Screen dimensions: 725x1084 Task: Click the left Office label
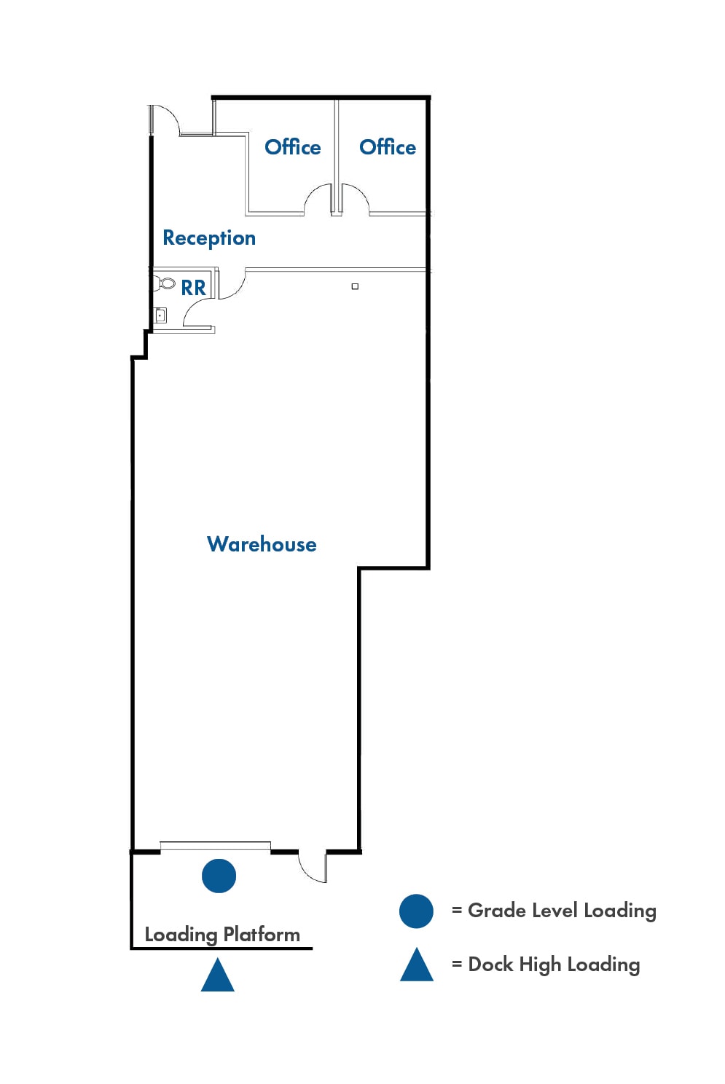pos(292,147)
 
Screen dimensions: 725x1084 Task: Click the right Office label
pos(387,147)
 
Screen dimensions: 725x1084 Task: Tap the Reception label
pos(209,238)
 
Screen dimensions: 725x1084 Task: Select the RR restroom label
pos(193,288)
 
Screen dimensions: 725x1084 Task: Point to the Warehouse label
pos(262,544)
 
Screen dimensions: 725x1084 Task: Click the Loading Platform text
pos(222,935)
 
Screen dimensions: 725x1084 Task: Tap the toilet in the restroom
pos(165,283)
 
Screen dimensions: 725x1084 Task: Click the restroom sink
pos(160,315)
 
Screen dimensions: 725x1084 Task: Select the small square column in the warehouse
pos(355,286)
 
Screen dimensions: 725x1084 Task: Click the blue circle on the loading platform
pos(219,876)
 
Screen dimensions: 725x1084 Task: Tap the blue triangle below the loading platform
pos(218,975)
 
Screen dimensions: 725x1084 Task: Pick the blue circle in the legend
pos(416,911)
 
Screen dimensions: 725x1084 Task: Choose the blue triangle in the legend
pos(417,965)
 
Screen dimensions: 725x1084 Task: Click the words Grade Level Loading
pos(562,911)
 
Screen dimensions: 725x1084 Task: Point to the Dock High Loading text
pos(554,965)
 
